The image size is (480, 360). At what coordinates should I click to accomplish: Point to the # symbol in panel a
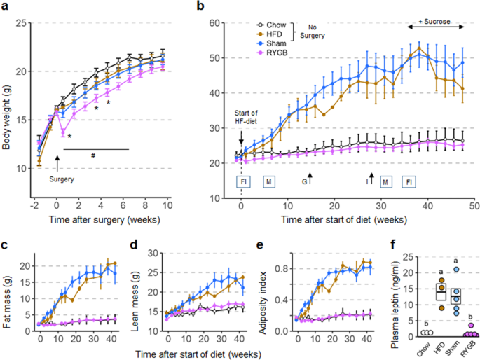[x=93, y=156]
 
